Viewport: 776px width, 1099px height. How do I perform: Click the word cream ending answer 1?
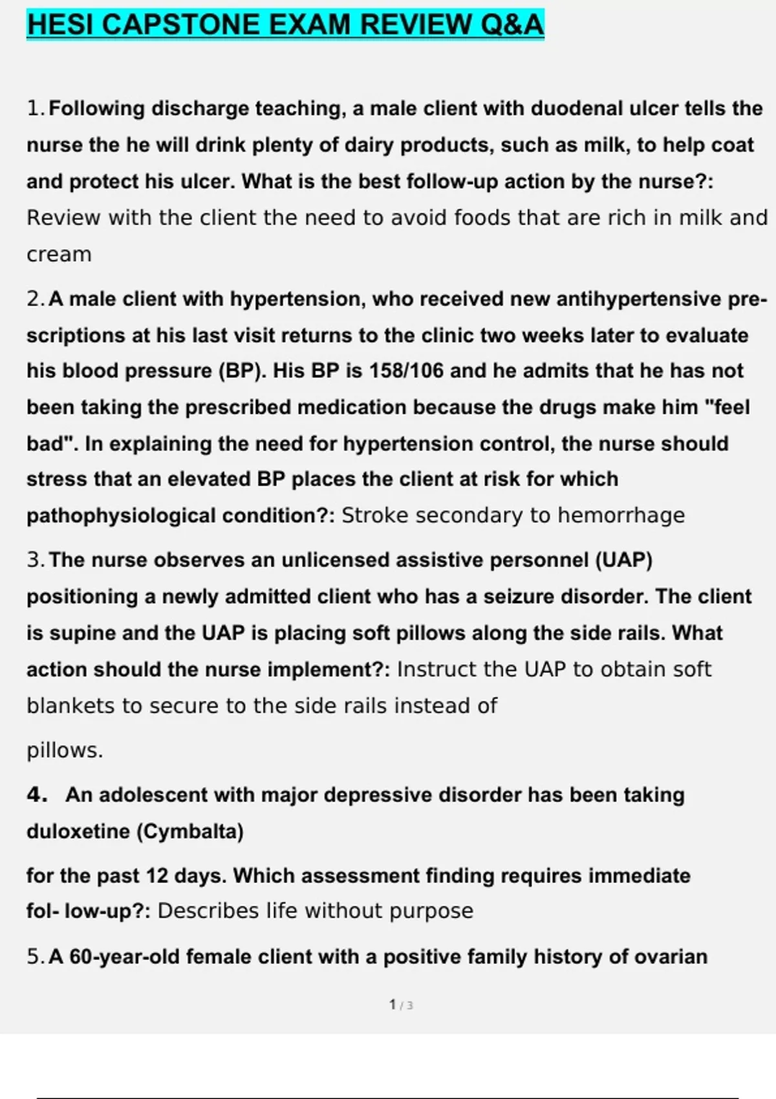(x=59, y=255)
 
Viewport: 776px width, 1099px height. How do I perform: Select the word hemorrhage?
(x=621, y=515)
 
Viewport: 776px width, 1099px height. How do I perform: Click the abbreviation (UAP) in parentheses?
(x=623, y=560)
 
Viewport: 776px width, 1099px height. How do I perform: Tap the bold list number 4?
(x=36, y=795)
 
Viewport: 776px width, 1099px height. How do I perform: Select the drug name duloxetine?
(x=78, y=831)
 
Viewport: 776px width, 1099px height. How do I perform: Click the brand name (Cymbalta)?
(x=189, y=831)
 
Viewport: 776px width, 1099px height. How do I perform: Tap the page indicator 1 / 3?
(x=401, y=1005)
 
